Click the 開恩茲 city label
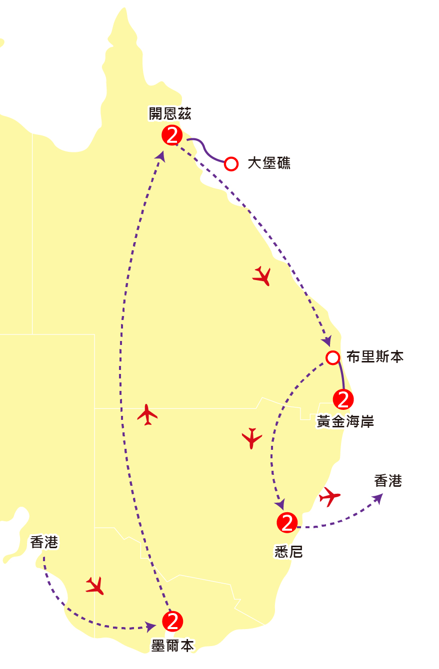[170, 113]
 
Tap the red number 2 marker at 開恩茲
[172, 135]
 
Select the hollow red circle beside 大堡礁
[231, 164]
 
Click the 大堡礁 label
[269, 163]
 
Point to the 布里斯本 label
[375, 356]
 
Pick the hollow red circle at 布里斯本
[333, 357]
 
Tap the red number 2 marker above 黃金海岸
[343, 399]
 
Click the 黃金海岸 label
[345, 421]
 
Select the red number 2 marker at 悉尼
[287, 523]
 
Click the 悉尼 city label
[288, 551]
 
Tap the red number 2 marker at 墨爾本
[172, 621]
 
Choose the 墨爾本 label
[172, 646]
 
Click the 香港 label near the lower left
[44, 542]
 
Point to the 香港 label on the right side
[388, 481]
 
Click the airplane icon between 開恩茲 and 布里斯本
[262, 276]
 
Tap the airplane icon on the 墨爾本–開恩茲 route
[147, 414]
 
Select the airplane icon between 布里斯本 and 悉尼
[252, 438]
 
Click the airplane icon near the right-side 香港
[329, 497]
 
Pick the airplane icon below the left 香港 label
[95, 586]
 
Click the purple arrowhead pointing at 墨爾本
[150, 627]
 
